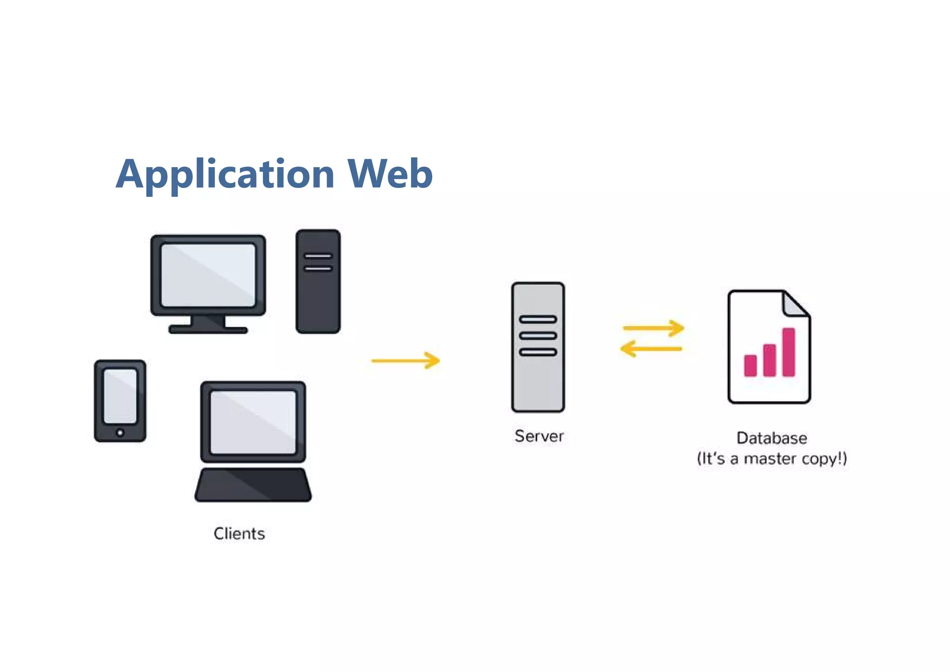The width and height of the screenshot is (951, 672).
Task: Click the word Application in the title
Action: click(x=225, y=174)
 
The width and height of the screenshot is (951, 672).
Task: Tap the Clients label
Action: click(x=239, y=534)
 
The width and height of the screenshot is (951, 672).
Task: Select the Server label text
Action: click(x=539, y=436)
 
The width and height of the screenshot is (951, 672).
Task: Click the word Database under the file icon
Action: click(x=772, y=438)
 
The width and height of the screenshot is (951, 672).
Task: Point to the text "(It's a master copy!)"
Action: click(x=772, y=459)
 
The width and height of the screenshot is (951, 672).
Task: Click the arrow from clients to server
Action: click(x=405, y=361)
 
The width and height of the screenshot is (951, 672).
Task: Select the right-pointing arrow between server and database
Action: click(x=653, y=328)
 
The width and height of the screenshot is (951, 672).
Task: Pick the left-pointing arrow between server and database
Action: click(x=651, y=349)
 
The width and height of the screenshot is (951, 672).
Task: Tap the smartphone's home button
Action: click(x=120, y=433)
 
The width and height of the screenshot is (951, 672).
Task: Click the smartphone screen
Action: click(x=120, y=395)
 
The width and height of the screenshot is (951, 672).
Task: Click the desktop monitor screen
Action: click(x=208, y=275)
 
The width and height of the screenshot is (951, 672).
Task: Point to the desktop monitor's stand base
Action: click(x=208, y=330)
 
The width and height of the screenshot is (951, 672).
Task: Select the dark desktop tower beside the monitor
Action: click(x=318, y=297)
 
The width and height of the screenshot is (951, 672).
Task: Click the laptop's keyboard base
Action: click(x=253, y=485)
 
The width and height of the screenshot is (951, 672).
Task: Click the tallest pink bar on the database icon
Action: click(x=788, y=352)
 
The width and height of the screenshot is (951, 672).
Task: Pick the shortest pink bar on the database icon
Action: click(x=750, y=365)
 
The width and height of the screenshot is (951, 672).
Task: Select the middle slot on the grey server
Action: click(x=538, y=336)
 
